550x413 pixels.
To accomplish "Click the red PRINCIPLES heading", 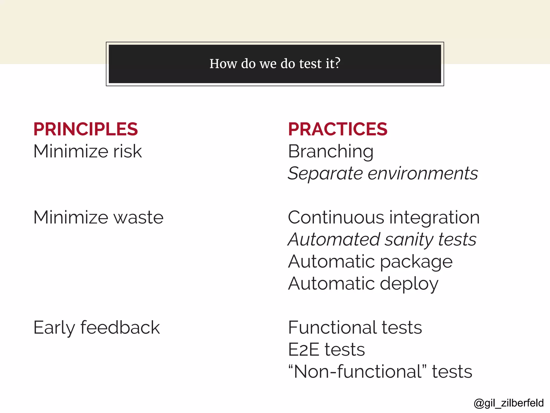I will point(85,129).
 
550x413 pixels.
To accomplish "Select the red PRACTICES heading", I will point(338,129).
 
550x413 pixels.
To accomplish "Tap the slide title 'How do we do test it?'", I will point(275,64).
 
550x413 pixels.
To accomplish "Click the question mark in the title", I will point(337,63).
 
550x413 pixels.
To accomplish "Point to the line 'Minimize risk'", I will point(88,151).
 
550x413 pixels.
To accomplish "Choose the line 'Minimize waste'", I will point(98,217).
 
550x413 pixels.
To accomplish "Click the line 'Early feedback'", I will point(97,328).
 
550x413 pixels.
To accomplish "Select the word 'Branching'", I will point(331,151).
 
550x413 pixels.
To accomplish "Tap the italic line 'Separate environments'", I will point(383,173).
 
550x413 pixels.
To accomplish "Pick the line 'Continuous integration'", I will point(384,217).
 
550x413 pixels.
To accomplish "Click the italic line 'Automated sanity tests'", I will point(382,240).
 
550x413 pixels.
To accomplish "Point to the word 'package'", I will point(416,262).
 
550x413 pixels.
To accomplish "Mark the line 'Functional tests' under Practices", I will point(355,328).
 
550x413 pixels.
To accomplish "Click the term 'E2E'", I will point(304,350).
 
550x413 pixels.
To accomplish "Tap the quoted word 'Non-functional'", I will point(357,372).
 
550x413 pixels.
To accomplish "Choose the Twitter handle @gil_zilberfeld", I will point(509,403).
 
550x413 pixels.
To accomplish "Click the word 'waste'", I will point(139,217).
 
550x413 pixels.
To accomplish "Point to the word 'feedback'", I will point(120,328).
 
